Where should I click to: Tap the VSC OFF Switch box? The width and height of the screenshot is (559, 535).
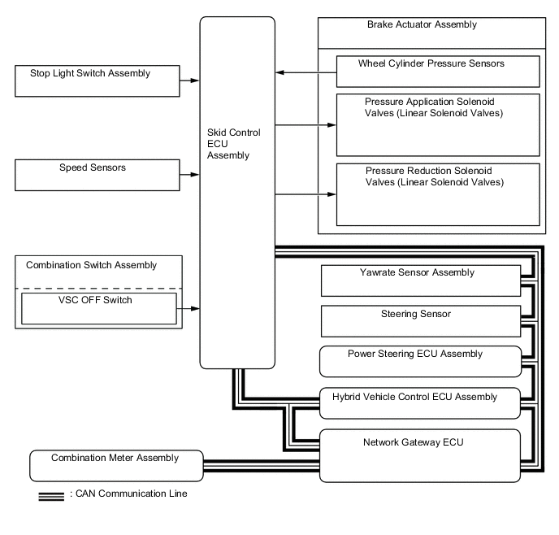(98, 307)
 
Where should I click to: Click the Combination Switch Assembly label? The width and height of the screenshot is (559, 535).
(91, 265)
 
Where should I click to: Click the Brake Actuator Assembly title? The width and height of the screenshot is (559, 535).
(422, 25)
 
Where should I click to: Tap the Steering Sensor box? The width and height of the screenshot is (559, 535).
(420, 320)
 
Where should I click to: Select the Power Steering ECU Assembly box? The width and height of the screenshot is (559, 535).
(419, 361)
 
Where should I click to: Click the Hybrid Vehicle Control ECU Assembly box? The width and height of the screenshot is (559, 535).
(419, 400)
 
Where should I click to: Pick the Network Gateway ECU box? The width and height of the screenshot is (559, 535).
(419, 455)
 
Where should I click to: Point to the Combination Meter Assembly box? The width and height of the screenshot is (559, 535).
(115, 465)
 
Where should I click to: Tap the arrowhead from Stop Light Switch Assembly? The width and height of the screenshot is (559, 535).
(196, 80)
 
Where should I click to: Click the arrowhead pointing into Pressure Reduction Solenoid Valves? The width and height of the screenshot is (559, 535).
(331, 194)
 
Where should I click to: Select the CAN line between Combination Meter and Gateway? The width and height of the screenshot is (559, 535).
(260, 466)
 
